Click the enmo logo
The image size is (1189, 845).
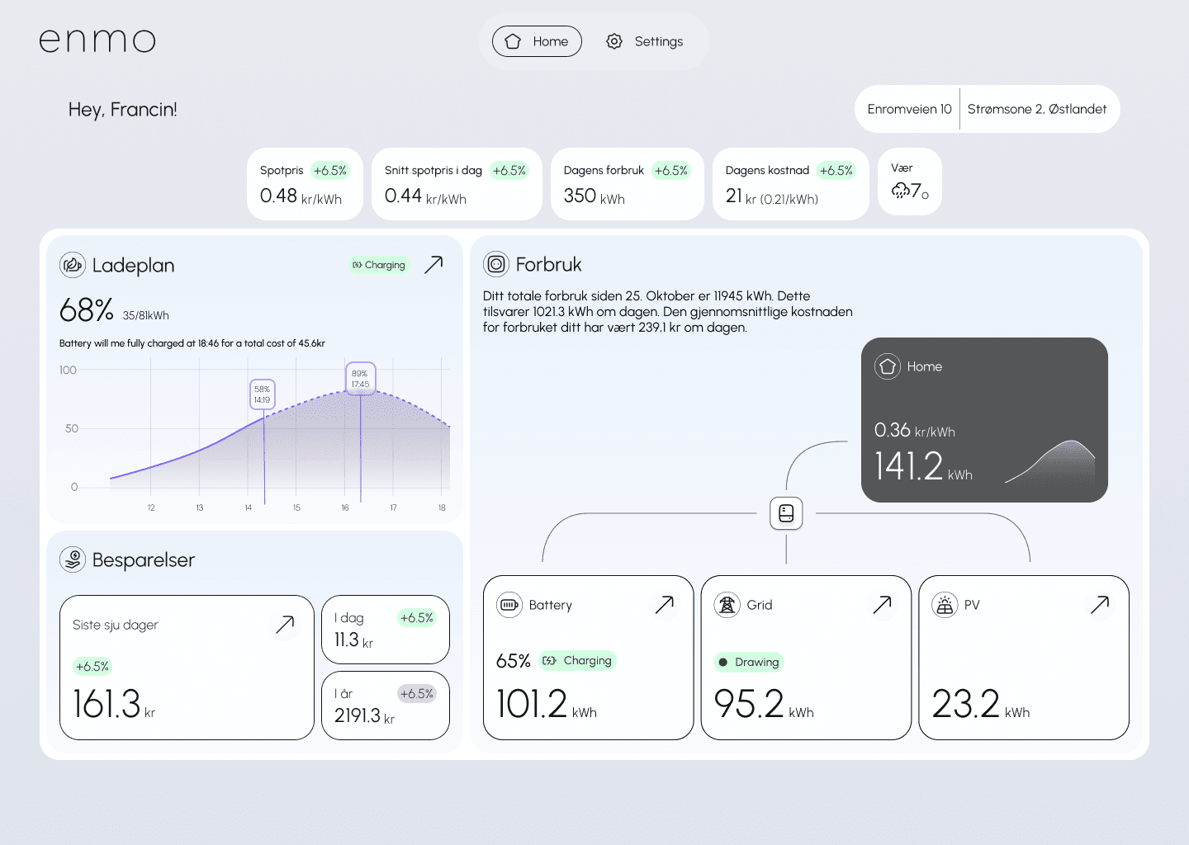coord(97,40)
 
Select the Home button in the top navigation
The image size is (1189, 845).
coord(537,41)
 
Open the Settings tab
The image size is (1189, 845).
coord(645,41)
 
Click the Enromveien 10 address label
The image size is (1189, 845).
coord(909,109)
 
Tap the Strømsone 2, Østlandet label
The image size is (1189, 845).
coord(1036,109)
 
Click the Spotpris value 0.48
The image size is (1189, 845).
coord(278,196)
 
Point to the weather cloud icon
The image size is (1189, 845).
coord(900,191)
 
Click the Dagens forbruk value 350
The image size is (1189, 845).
coord(580,196)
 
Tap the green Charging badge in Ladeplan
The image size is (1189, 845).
coord(379,265)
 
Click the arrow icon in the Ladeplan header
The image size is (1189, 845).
coord(433,264)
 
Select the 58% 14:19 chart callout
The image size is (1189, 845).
coord(262,394)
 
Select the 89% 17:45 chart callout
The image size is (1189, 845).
coord(360,379)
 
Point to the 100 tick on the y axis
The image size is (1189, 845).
coord(68,371)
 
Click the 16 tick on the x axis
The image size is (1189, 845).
coord(345,507)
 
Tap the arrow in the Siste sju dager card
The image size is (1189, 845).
coord(285,624)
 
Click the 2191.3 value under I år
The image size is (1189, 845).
coord(358,715)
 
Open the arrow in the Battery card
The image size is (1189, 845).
coord(664,605)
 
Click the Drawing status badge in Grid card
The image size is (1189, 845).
coord(749,662)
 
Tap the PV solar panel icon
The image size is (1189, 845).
coord(945,605)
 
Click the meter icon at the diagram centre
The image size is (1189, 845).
coord(786,513)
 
